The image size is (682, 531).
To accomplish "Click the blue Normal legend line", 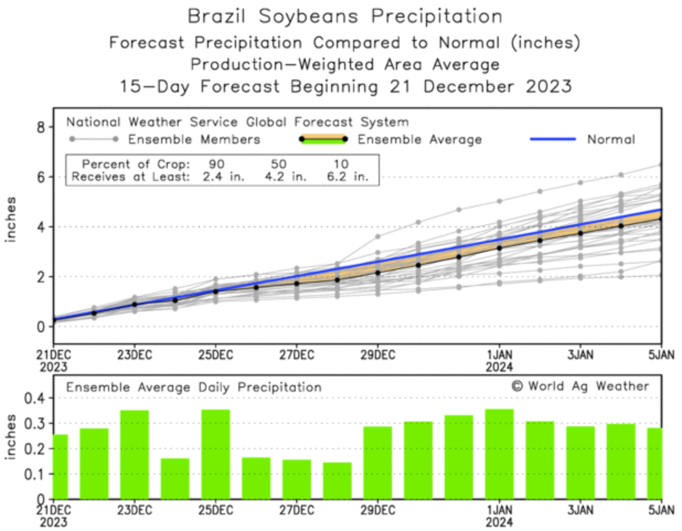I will coord(552,139).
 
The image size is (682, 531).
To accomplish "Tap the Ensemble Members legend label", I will coord(194,139).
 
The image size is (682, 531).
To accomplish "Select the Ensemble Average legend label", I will coord(419,140).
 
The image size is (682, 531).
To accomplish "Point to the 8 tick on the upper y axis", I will coord(41,128).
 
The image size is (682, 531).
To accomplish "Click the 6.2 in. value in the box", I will coord(347,177).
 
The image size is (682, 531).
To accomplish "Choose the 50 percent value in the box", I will coord(279,164).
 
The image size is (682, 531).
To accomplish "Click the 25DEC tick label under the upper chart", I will coord(215,354).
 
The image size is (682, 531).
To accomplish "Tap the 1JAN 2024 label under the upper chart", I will coord(499,360).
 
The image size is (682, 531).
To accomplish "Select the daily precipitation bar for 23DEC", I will coord(135,454).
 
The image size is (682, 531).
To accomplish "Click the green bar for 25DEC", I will coord(216,454).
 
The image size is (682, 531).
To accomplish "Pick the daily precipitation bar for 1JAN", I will coord(499,454).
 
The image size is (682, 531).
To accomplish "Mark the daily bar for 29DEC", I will coord(377,463).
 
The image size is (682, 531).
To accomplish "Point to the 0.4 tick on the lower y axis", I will coord(34,398).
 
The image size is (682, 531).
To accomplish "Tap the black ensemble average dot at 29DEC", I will coord(377,273).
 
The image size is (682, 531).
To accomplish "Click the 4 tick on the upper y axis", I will coord(41,227).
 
